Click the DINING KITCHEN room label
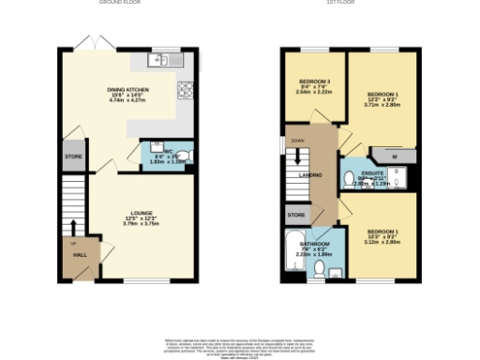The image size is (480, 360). pyautogui.click(x=127, y=91)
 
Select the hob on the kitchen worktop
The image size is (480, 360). pyautogui.click(x=184, y=90)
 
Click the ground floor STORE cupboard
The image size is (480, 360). pyautogui.click(x=73, y=156)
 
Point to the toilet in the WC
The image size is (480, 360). pyautogui.click(x=184, y=156)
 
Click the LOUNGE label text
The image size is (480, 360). pyautogui.click(x=142, y=213)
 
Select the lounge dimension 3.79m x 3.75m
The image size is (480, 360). pyautogui.click(x=142, y=224)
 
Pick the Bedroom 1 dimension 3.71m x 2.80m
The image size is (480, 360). pyautogui.click(x=383, y=105)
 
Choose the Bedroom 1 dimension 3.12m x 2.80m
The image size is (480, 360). pyautogui.click(x=383, y=242)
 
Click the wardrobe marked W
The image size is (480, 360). pyautogui.click(x=395, y=156)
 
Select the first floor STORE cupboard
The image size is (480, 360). pyautogui.click(x=295, y=216)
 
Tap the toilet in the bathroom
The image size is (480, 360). pyautogui.click(x=320, y=271)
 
